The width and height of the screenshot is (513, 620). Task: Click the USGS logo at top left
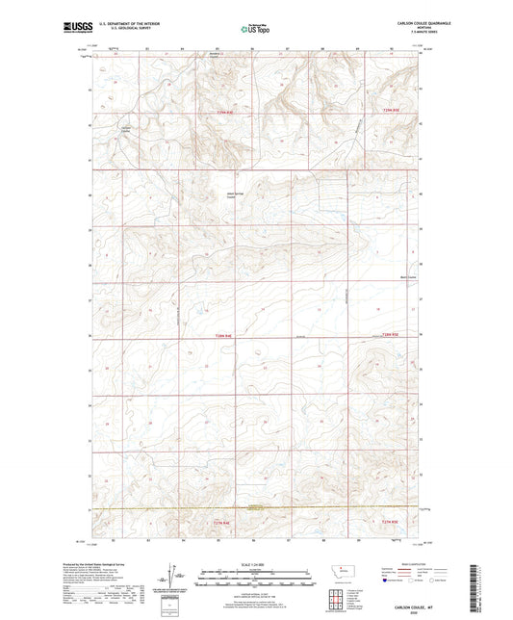tap(73, 28)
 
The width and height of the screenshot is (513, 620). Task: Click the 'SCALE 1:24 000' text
tap(256, 564)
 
